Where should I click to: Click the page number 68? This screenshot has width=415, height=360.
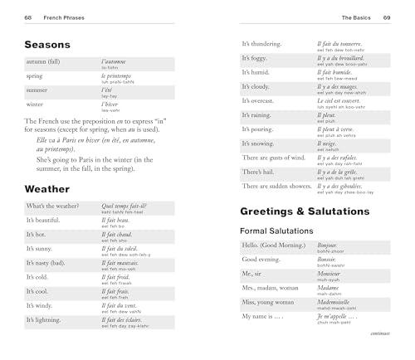[x=27, y=17]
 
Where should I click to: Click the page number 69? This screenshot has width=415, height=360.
[x=387, y=17]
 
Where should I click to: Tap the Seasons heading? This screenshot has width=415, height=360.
[x=53, y=45]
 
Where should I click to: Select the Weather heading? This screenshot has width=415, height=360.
[x=47, y=188]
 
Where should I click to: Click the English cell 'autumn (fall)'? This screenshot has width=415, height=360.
[x=47, y=62]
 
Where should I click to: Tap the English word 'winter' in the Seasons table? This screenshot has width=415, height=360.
[x=35, y=105]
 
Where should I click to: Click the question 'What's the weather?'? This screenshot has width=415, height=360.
[x=52, y=206]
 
